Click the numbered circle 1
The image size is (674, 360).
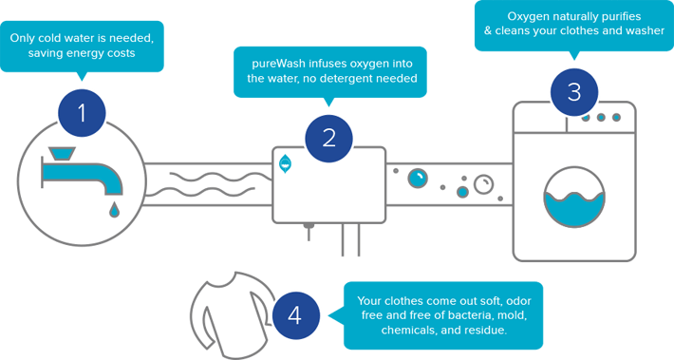click(82, 113)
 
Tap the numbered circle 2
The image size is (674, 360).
click(328, 139)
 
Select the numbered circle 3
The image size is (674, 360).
click(574, 92)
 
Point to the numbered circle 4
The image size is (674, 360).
click(296, 315)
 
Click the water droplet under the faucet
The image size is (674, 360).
click(114, 210)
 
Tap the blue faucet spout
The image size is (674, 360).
click(82, 176)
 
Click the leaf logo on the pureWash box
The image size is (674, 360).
click(285, 164)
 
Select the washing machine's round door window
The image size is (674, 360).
click(574, 197)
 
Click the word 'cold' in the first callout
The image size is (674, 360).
click(51, 38)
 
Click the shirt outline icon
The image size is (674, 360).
click(233, 314)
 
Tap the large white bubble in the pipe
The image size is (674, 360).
click(483, 184)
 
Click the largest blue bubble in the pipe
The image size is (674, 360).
click(418, 179)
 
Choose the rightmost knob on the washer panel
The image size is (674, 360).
click(616, 117)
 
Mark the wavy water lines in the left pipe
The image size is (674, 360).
click(214, 184)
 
